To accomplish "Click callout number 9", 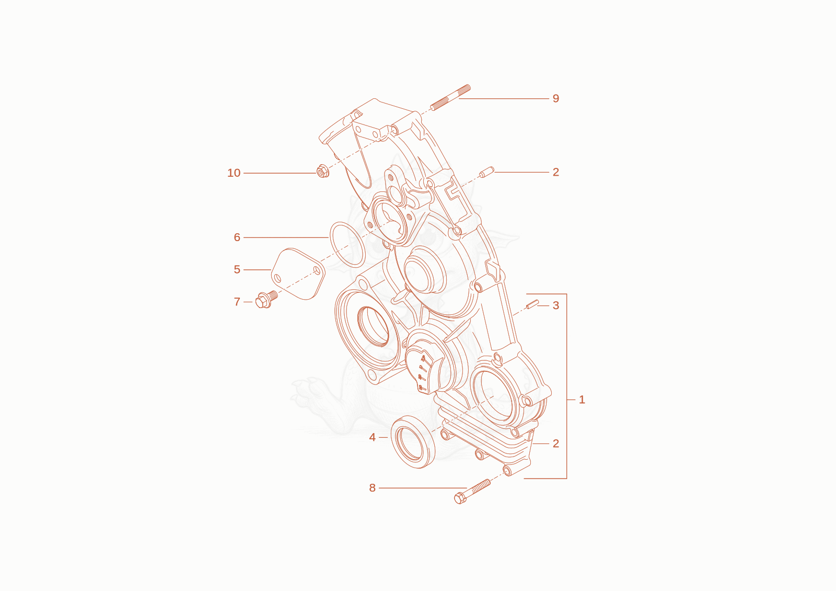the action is (556, 99).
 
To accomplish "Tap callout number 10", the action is (234, 173).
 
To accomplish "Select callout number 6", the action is (237, 237).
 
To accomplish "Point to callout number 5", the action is (237, 270).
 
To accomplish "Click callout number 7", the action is (237, 302).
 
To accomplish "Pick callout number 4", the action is (372, 437).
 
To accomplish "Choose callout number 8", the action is (372, 488).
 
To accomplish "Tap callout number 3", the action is (556, 305).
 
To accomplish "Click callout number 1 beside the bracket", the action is (582, 400).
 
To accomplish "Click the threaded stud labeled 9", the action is (450, 97).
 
